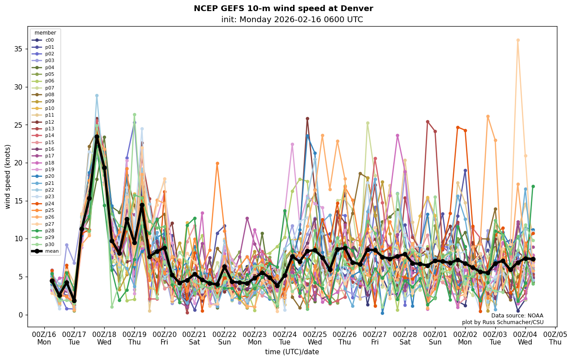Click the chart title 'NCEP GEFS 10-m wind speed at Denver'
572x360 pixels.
(x=283, y=8)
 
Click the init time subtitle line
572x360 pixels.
(x=292, y=20)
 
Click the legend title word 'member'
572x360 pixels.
(x=45, y=33)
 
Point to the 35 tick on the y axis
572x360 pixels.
(x=19, y=49)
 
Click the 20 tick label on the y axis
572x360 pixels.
(x=19, y=163)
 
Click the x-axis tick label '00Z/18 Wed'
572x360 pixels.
(x=104, y=338)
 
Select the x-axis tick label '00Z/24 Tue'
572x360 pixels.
(x=285, y=338)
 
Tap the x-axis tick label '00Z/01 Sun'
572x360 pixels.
(x=435, y=338)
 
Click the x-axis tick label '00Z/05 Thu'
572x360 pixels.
(x=555, y=338)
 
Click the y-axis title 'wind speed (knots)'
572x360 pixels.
(x=8, y=176)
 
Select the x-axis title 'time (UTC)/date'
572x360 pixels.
(x=292, y=352)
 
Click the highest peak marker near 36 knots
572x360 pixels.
(x=517, y=40)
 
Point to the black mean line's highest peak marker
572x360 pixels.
(x=97, y=137)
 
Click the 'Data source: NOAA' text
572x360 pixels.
(x=517, y=316)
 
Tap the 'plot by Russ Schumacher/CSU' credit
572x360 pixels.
(x=502, y=322)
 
